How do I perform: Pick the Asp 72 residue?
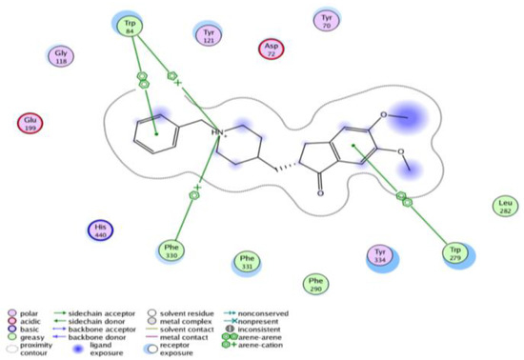[271, 50]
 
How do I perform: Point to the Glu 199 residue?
[30, 124]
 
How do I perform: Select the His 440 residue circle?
[102, 230]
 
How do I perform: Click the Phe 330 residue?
[170, 251]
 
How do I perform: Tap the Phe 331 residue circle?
[247, 262]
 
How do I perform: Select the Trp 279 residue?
[453, 252]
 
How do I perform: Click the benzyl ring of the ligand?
[154, 134]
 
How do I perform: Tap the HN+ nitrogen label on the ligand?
[218, 130]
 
